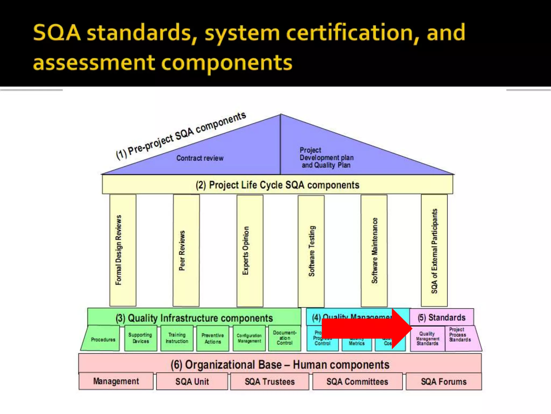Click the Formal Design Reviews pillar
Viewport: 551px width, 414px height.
pyautogui.click(x=123, y=250)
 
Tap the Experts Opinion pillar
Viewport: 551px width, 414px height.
pyautogui.click(x=250, y=251)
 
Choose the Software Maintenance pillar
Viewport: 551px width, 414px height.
pyautogui.click(x=374, y=251)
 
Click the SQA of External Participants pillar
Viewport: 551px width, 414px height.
pyautogui.click(x=434, y=251)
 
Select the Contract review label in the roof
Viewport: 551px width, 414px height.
pyautogui.click(x=200, y=158)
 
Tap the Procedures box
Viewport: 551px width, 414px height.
pyautogui.click(x=103, y=339)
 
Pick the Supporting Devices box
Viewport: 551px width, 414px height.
pyautogui.click(x=140, y=338)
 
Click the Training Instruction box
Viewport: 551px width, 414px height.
pyautogui.click(x=177, y=338)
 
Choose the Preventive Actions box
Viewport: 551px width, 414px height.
pyautogui.click(x=213, y=339)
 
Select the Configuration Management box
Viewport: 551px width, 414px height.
pyautogui.click(x=249, y=338)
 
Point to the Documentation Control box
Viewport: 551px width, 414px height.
pyautogui.click(x=285, y=338)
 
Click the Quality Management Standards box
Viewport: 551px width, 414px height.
pyautogui.click(x=428, y=339)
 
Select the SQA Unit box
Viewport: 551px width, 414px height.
pyautogui.click(x=192, y=382)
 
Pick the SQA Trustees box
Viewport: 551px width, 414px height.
pyautogui.click(x=270, y=382)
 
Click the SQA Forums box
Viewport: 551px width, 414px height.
pyautogui.click(x=444, y=382)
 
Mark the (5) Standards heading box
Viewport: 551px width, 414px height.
pyautogui.click(x=441, y=318)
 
